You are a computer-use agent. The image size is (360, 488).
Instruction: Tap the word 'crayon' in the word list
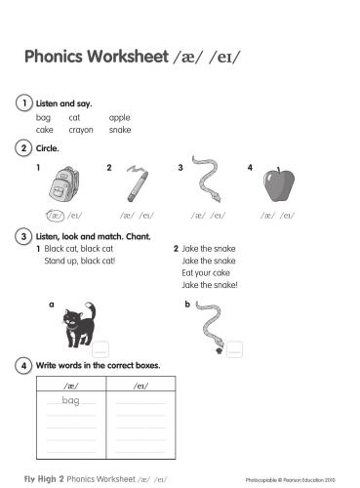(x=81, y=129)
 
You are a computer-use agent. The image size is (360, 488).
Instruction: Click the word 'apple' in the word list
(x=119, y=117)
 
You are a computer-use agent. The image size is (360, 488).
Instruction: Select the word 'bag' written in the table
(x=70, y=401)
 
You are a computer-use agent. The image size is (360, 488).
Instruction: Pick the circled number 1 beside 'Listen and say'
(x=22, y=102)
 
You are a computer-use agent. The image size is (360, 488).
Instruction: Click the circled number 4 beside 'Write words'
(x=22, y=366)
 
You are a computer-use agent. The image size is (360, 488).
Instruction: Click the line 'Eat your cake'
(x=203, y=273)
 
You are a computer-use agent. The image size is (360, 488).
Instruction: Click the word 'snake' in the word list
(x=120, y=129)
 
